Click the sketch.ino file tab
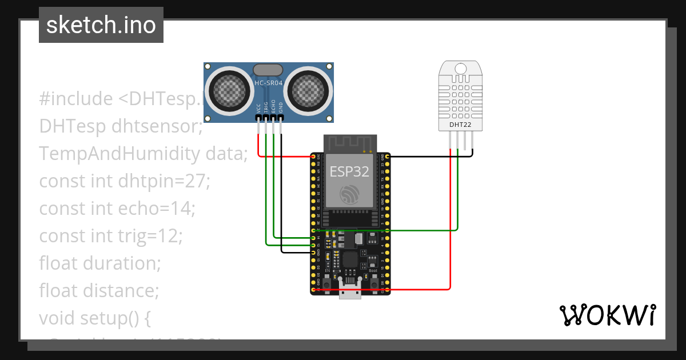[x=101, y=25]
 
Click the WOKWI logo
[x=607, y=315]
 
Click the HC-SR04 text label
[x=268, y=83]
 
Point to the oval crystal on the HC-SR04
[x=268, y=70]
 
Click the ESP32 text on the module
[x=349, y=171]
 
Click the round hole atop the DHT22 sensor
[x=460, y=69]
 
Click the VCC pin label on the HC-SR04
[x=258, y=107]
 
